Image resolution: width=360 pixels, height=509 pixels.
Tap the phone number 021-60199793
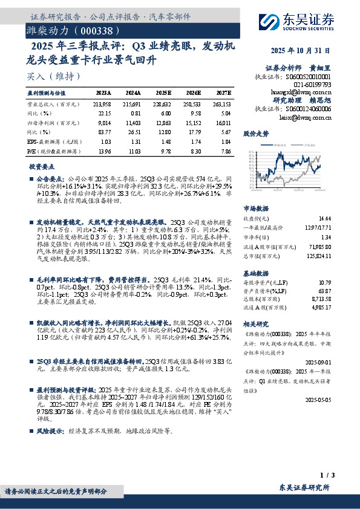click(x=312, y=85)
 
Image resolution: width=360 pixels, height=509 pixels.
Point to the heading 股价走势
click(x=255, y=132)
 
